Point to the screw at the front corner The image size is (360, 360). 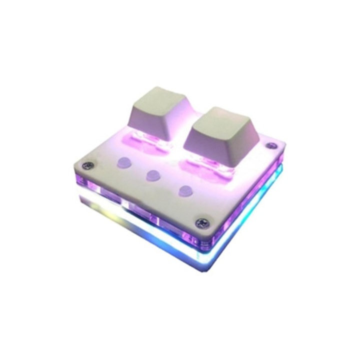coord(202,223)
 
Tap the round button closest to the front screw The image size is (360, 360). coord(185,190)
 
